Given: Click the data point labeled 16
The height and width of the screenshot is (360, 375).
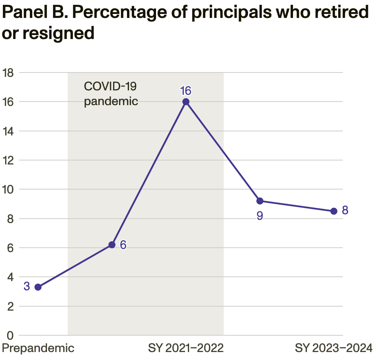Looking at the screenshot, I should pyautogui.click(x=186, y=102).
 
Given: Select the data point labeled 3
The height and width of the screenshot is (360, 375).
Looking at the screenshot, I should pyautogui.click(x=38, y=287).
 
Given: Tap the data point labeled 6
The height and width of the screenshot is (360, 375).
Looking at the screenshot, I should pyautogui.click(x=112, y=245).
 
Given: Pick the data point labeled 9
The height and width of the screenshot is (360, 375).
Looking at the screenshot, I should pyautogui.click(x=260, y=201).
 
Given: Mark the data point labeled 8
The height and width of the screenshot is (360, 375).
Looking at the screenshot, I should pyautogui.click(x=334, y=211).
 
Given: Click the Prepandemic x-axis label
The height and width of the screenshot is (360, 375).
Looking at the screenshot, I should pyautogui.click(x=38, y=348).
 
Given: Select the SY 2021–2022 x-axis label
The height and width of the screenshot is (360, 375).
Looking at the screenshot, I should pyautogui.click(x=186, y=348).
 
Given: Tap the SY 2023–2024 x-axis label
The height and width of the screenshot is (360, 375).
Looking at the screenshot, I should pyautogui.click(x=334, y=348).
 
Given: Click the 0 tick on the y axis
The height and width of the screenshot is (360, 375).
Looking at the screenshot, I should pyautogui.click(x=10, y=336).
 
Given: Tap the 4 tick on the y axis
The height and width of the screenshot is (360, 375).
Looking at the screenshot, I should pyautogui.click(x=10, y=277).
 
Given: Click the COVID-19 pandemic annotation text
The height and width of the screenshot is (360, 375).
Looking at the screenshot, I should pyautogui.click(x=111, y=94).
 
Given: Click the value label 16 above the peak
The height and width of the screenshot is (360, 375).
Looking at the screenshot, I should pyautogui.click(x=186, y=91).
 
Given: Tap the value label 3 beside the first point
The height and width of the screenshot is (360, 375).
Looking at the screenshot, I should pyautogui.click(x=27, y=286).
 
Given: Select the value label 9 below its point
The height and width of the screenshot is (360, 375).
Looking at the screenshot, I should pyautogui.click(x=260, y=216).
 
